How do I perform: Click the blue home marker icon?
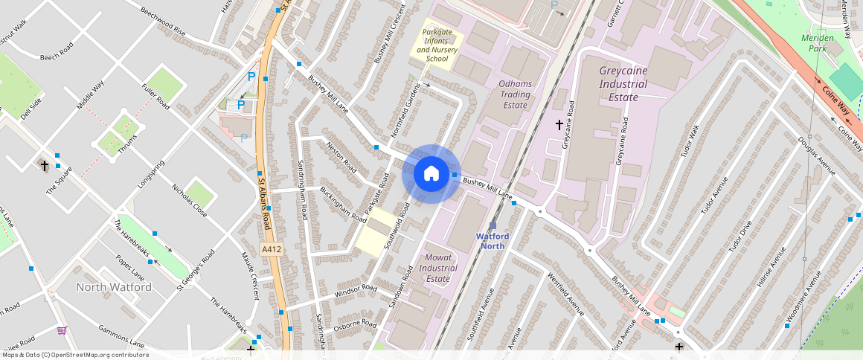pos(431,174)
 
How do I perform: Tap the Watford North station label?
pos(493,241)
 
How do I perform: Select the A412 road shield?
pos(272,249)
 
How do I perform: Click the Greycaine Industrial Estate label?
pos(623,83)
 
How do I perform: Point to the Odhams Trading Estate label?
pos(515,94)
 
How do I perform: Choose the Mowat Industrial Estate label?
pos(438,268)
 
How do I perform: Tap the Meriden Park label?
pos(818,43)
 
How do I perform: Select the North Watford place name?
pos(114,287)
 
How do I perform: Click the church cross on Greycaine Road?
pos(559,125)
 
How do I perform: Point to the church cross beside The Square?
pos(45,164)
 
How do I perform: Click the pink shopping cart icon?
pos(62,330)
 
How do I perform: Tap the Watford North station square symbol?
pos(493,225)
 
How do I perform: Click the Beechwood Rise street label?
pos(163,22)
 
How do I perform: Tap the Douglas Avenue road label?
pos(817,155)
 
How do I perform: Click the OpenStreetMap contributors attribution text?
pos(74,355)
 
